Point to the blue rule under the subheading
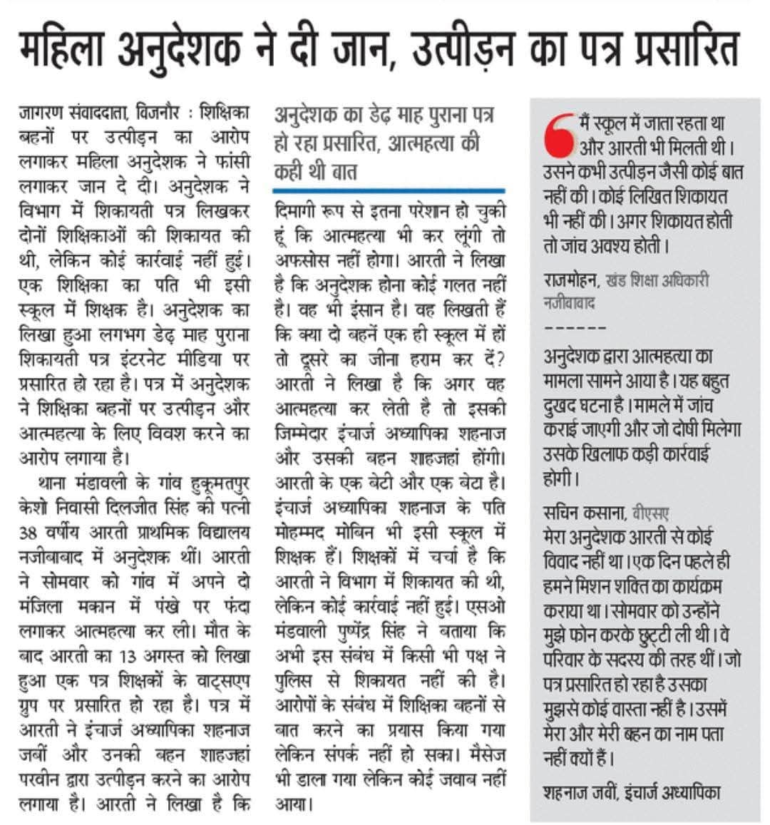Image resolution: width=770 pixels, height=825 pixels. point(389,190)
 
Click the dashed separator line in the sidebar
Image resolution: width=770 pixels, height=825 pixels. point(575,329)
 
